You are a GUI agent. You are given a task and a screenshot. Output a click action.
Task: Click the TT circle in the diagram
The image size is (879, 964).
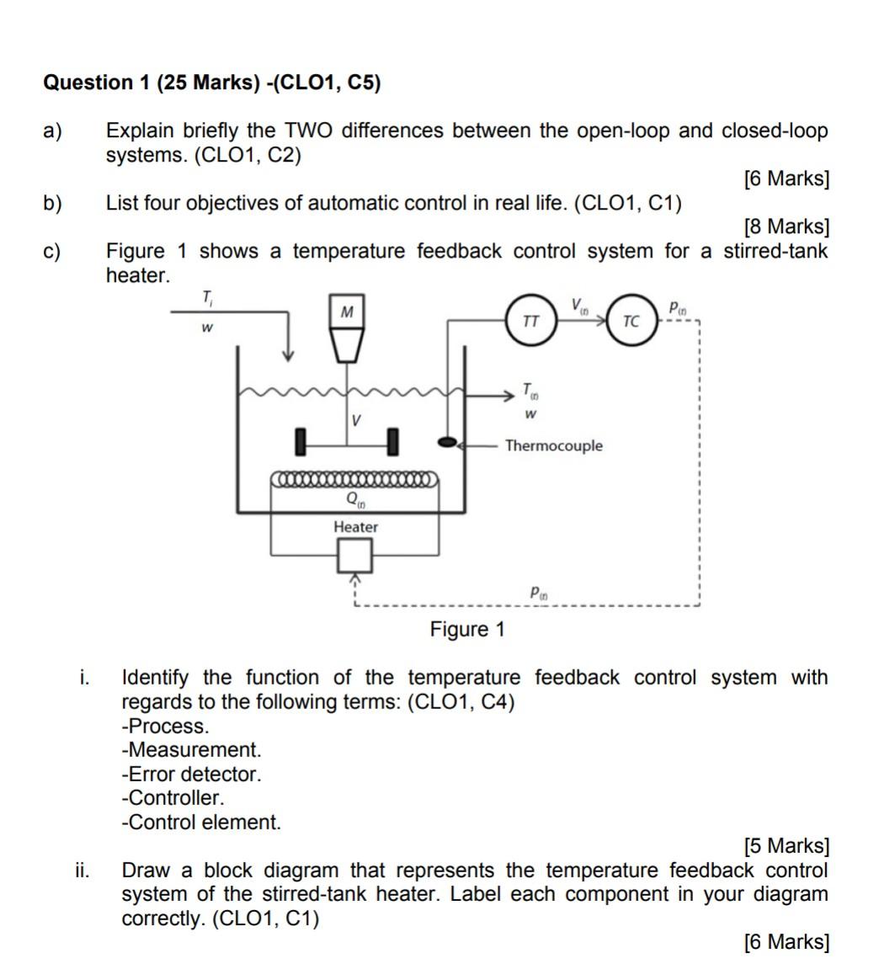coord(531,321)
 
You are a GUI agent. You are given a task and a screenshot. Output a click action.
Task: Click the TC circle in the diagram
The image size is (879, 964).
coord(631,321)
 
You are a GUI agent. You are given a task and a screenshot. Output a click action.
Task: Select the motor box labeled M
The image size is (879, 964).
coord(347,312)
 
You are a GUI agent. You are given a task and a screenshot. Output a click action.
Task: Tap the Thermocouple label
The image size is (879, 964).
coord(553,445)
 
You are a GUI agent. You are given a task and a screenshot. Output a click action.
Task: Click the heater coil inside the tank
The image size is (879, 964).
coord(354,480)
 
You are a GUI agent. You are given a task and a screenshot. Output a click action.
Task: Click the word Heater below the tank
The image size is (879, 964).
coord(355,527)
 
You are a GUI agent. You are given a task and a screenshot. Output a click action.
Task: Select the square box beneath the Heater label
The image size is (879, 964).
coord(354,556)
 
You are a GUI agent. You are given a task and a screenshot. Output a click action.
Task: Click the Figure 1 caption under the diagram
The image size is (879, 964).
coord(467,630)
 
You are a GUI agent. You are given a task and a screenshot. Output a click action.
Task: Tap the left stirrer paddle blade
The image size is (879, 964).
coord(300,441)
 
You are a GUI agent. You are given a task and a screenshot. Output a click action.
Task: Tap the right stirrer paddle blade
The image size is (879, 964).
coord(392,441)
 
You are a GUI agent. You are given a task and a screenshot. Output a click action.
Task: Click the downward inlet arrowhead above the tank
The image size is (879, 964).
coord(288,354)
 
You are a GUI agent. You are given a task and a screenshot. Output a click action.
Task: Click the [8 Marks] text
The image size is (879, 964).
coord(786,226)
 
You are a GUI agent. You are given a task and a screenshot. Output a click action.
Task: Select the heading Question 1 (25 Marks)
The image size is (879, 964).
coord(211,83)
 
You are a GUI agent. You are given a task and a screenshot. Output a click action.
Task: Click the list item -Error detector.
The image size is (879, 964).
coord(192,774)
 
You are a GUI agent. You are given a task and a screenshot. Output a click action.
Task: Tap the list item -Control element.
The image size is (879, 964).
coord(202,823)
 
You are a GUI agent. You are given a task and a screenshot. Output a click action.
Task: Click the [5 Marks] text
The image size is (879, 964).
coord(786,845)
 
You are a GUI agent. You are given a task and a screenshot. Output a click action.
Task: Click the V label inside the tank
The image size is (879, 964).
coord(357,418)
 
